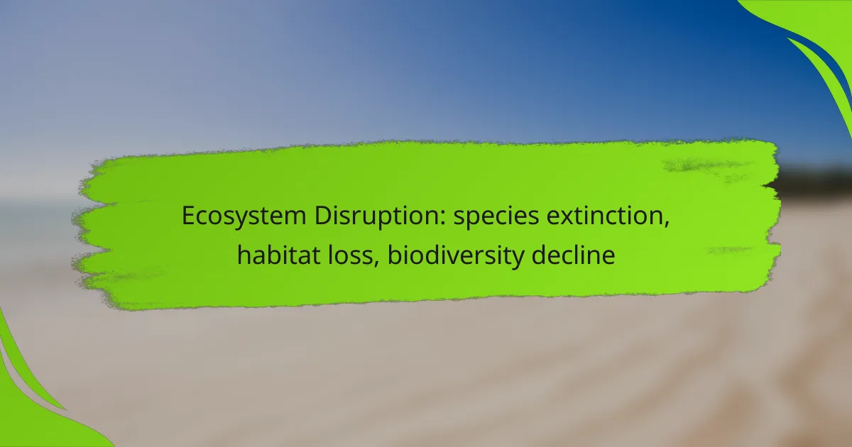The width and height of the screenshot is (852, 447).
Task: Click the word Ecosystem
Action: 244,216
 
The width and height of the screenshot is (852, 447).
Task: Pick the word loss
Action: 349,255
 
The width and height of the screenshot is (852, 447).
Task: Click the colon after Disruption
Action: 442,219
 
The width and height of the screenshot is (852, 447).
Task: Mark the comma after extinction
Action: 666,225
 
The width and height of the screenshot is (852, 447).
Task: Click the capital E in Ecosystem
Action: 188,216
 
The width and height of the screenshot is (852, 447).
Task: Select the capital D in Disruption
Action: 323,216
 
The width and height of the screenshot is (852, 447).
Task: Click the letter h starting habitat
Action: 244,255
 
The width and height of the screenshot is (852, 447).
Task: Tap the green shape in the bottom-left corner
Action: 34,399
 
